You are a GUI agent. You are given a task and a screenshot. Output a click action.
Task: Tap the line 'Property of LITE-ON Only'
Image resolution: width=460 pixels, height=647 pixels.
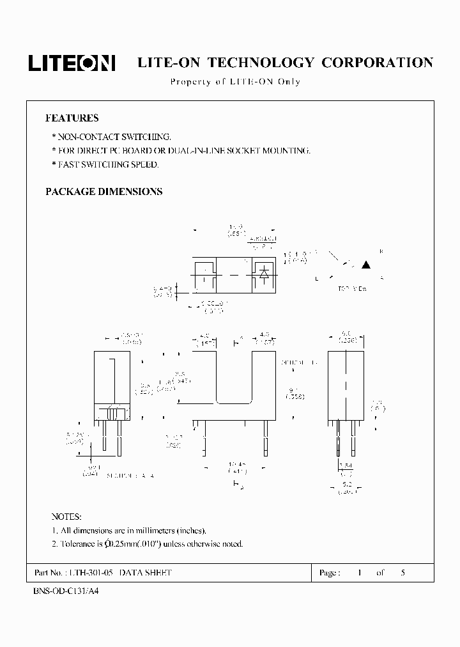(235, 82)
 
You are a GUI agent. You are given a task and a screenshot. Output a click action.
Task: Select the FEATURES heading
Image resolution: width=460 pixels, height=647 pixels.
(72, 118)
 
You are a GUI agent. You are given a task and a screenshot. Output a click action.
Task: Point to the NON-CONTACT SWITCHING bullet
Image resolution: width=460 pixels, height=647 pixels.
(111, 137)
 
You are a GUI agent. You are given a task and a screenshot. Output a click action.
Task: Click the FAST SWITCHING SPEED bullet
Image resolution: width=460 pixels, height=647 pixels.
(105, 165)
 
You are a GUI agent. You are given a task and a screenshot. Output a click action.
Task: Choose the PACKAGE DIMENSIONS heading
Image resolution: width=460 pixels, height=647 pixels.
(103, 192)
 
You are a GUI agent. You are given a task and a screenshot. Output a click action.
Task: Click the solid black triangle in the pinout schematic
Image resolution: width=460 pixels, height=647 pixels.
(367, 264)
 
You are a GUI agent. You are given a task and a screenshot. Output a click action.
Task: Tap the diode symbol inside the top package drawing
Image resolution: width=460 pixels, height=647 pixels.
(263, 272)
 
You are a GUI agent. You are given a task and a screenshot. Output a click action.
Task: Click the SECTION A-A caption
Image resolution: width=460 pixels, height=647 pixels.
(130, 476)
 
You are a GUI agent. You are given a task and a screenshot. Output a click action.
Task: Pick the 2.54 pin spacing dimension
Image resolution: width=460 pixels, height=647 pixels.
(345, 465)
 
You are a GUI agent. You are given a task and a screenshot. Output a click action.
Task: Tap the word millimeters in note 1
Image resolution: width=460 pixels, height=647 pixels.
(149, 531)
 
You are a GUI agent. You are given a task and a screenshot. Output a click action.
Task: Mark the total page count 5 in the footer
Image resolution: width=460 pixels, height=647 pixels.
(402, 573)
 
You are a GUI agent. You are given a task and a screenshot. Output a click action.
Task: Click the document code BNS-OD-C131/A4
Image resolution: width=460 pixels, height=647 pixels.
(66, 591)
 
